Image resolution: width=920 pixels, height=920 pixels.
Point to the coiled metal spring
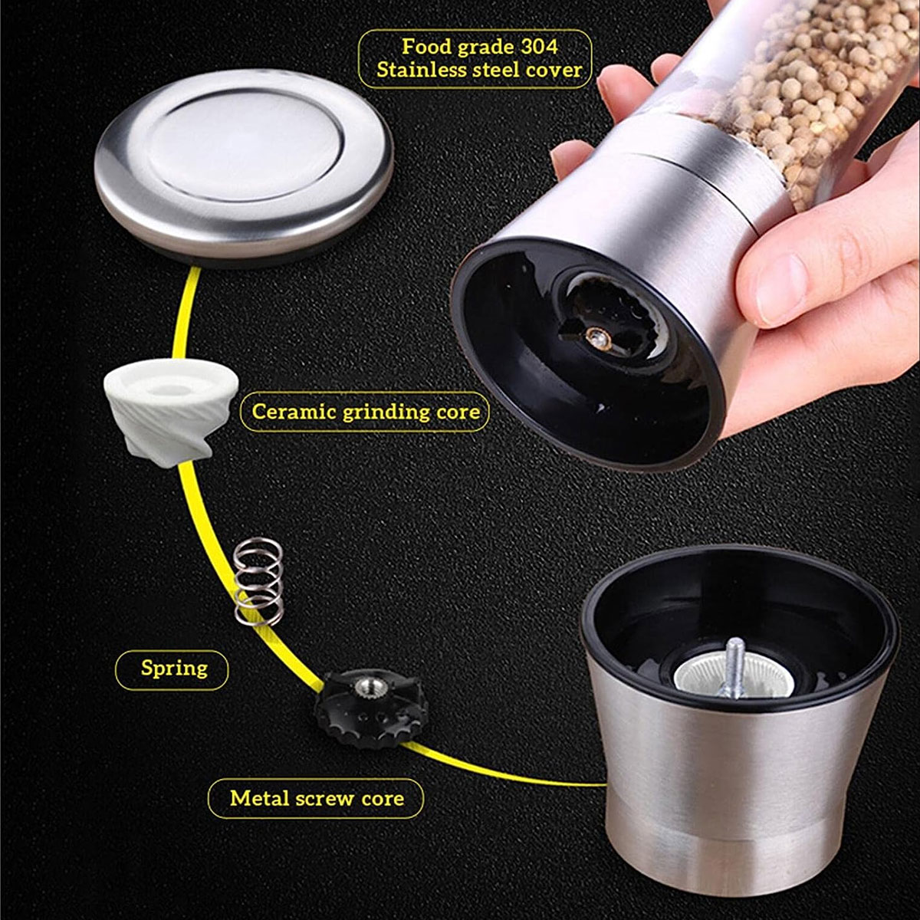(x=258, y=581)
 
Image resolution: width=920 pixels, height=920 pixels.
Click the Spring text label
(x=174, y=668)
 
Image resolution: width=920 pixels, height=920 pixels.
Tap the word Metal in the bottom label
(x=259, y=798)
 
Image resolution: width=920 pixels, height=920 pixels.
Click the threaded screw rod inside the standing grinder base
(x=734, y=669)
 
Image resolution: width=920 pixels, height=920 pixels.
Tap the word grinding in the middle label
(x=386, y=412)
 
